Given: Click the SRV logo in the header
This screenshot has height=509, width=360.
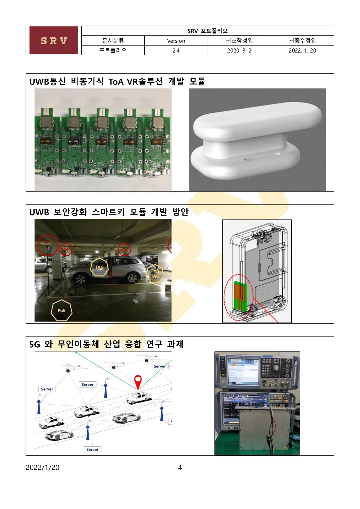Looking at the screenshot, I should coord(54,40).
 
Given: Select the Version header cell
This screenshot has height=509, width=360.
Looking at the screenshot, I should coord(176,41).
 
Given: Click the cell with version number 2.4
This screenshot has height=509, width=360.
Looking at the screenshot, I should coord(176,51).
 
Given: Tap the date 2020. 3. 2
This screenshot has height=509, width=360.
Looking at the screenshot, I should coord(239,51).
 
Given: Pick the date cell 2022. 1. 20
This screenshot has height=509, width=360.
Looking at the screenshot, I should coord(302,51).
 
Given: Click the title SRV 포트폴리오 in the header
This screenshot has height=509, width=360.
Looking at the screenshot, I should coord(207,31).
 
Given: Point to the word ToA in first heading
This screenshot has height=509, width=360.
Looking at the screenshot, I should coord(116,82).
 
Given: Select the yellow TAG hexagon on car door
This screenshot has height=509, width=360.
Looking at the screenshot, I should coord(99,267).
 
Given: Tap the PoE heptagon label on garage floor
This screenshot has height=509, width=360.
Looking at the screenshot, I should coord(62,310).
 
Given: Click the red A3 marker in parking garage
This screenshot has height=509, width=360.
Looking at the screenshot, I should coord(124,249).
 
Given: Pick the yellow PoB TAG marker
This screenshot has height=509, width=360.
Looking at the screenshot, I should coord(155,274).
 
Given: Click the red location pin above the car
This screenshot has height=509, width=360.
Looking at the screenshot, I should coord(138,381).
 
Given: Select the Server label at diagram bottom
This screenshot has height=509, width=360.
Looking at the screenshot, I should coord(92,449).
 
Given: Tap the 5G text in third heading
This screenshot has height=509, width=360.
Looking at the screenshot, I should coord(34,344).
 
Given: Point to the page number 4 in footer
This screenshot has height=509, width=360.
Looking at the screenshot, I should coord(180,467).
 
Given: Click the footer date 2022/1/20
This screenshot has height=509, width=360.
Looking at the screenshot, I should coord(42,467).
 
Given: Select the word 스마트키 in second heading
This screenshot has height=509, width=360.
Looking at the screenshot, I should coord(108,212).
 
